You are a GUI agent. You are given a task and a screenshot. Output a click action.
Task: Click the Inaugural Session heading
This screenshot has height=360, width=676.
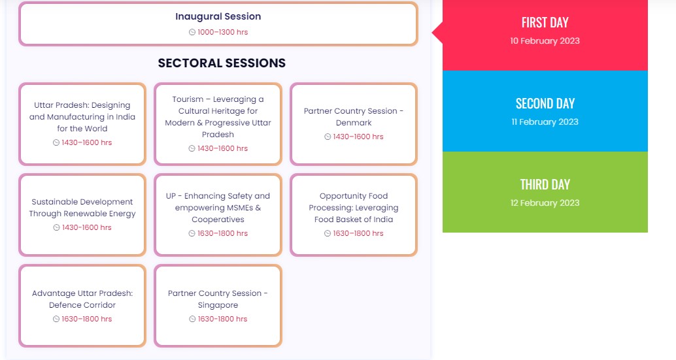[218, 16]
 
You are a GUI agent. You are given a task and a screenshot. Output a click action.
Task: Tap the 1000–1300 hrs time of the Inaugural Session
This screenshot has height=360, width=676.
[222, 32]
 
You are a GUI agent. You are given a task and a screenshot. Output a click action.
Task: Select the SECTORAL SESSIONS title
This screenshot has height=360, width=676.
[222, 63]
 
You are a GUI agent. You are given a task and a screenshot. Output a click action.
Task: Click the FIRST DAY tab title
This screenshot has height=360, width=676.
[545, 22]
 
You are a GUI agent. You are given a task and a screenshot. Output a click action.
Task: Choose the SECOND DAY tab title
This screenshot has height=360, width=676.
[545, 103]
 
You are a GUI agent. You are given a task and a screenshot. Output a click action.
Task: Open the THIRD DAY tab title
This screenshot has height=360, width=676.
[545, 184]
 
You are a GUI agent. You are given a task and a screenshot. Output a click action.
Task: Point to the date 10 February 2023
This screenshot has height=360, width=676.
[545, 41]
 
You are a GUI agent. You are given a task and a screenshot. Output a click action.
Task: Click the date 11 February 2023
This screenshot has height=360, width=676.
[545, 122]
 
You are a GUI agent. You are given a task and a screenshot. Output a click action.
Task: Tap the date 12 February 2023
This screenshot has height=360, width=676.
[545, 203]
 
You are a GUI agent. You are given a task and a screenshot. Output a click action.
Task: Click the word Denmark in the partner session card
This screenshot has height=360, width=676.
[354, 123]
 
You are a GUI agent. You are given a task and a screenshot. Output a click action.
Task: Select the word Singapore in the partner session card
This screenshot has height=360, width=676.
[218, 305]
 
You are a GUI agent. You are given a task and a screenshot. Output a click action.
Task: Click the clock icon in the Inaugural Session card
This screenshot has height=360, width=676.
[192, 32]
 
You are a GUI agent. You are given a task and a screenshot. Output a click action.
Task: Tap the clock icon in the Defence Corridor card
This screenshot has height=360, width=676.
[56, 319]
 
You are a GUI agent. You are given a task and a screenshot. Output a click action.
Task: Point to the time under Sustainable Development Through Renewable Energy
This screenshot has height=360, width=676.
[87, 227]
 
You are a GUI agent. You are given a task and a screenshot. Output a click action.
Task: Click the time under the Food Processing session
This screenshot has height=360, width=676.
[358, 233]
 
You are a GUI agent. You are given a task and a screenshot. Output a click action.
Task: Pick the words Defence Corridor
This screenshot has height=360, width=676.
[82, 305]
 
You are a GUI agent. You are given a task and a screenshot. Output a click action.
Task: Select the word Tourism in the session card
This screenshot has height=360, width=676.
[188, 99]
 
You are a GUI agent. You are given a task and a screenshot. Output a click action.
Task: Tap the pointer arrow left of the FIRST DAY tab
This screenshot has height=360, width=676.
[437, 32]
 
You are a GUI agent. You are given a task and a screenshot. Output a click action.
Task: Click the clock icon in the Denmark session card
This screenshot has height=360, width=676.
[328, 137]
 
